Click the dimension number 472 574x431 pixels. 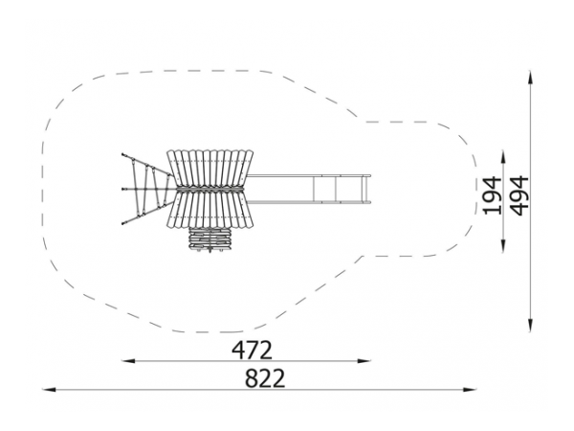pos(253,351)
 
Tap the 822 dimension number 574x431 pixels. pos(265,378)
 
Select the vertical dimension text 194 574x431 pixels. pos(493,195)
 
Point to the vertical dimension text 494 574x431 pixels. pos(519,195)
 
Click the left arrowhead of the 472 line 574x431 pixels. pos(128,361)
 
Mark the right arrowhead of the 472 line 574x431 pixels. pos(364,361)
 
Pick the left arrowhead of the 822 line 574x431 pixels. pos(49,389)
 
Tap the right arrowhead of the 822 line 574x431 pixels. pos(470,389)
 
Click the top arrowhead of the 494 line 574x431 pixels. pos(530,77)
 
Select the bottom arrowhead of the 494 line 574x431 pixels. pos(530,325)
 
